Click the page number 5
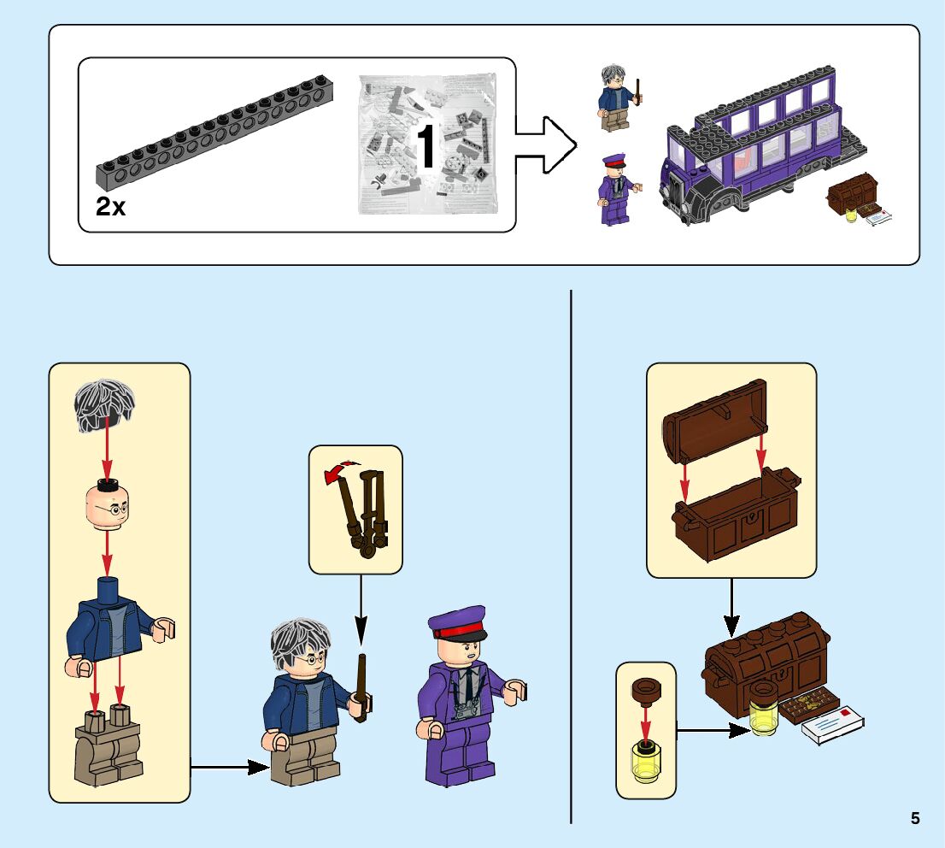[x=915, y=818]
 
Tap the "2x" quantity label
[x=110, y=206]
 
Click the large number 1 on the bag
[x=426, y=147]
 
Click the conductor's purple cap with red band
[x=457, y=622]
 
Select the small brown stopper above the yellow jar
[x=646, y=689]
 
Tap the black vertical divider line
[x=571, y=556]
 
